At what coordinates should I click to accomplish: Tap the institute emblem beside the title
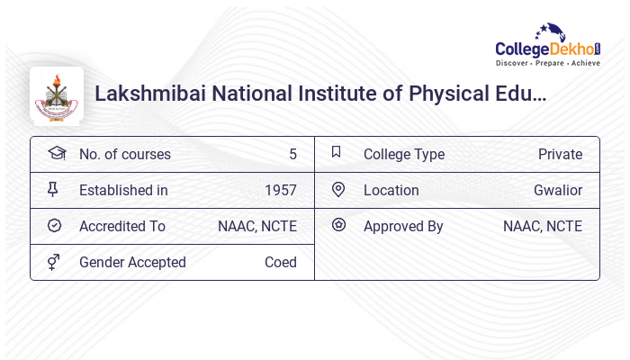(57, 94)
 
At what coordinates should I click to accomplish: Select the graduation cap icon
(56, 153)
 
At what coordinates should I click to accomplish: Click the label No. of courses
(124, 154)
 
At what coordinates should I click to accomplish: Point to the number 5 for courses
(292, 154)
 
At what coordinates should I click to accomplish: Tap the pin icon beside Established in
(54, 190)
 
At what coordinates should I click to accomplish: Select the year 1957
(280, 190)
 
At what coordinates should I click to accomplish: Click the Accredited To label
(122, 226)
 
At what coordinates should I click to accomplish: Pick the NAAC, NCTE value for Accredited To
(257, 226)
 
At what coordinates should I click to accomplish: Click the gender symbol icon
(54, 262)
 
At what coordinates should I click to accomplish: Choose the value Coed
(280, 262)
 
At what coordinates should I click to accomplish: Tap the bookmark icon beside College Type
(337, 153)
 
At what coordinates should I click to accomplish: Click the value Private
(560, 154)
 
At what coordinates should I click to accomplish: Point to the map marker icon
(338, 190)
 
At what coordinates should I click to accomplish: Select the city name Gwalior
(558, 190)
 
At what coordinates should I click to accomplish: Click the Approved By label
(403, 226)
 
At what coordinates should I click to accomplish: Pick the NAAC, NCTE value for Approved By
(543, 226)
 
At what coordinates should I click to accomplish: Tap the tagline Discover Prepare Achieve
(548, 64)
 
